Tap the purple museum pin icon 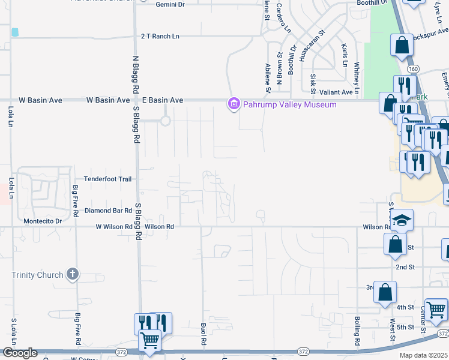click(233, 104)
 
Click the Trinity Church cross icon click(72, 275)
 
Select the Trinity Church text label click(37, 275)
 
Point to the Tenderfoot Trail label click(107, 179)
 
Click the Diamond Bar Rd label click(107, 211)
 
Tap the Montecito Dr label click(42, 221)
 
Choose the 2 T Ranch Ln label click(160, 36)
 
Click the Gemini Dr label click(171, 4)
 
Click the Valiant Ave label click(336, 92)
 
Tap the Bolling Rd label click(357, 331)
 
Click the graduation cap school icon click(403, 220)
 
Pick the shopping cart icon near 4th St click(436, 309)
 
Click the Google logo click(19, 353)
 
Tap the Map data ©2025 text click(423, 355)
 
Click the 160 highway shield click(417, 69)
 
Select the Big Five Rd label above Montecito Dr click(76, 201)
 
